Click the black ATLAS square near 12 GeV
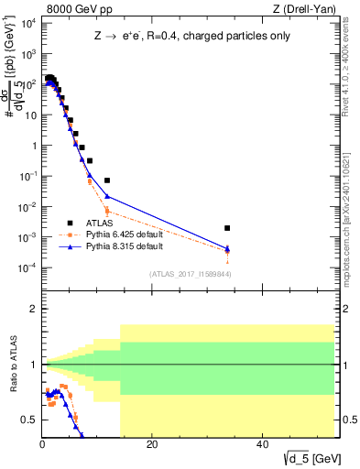click(x=107, y=180)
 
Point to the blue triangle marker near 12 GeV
click(x=107, y=196)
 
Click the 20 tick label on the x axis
click(x=152, y=445)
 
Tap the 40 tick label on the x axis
click(x=262, y=445)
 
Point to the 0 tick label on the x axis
click(x=42, y=445)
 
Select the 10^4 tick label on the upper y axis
click(x=27, y=24)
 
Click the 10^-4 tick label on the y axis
click(x=27, y=267)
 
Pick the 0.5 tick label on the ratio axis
click(x=30, y=420)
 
